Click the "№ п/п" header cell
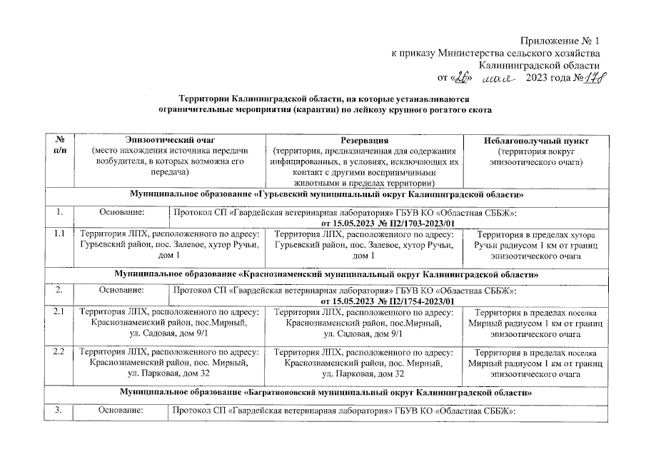61,146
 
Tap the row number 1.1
61,233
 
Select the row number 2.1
61,313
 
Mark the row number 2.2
61,352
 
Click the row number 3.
61,410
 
